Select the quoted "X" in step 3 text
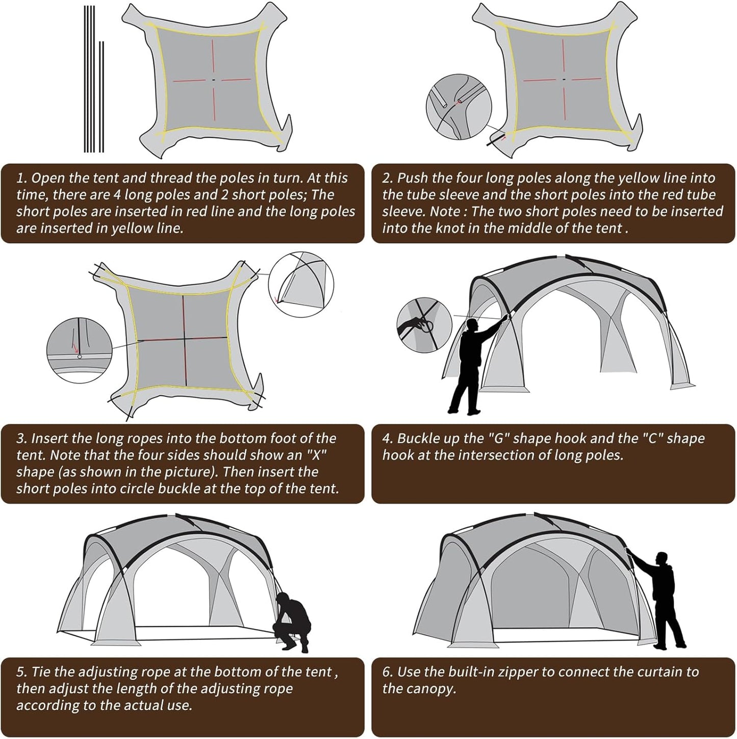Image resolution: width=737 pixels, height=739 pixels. click(x=319, y=455)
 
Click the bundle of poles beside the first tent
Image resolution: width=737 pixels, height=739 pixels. click(x=93, y=80)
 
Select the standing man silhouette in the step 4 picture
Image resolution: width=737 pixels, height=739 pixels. click(x=470, y=366)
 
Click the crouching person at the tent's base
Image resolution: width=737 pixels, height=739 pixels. click(x=292, y=621)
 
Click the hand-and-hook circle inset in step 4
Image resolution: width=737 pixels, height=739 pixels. click(x=424, y=325)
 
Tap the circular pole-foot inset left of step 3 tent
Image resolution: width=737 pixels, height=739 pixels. click(x=79, y=350)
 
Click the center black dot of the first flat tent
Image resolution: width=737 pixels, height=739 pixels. click(x=214, y=80)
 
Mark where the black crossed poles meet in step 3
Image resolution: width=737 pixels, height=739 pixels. click(x=185, y=338)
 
